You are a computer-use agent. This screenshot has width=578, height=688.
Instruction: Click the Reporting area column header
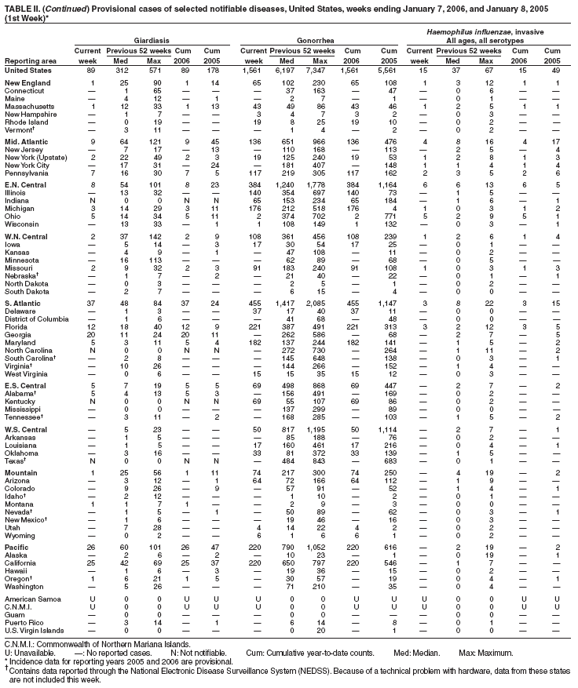point(29,60)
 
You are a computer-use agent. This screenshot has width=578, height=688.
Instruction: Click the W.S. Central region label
point(27,430)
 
